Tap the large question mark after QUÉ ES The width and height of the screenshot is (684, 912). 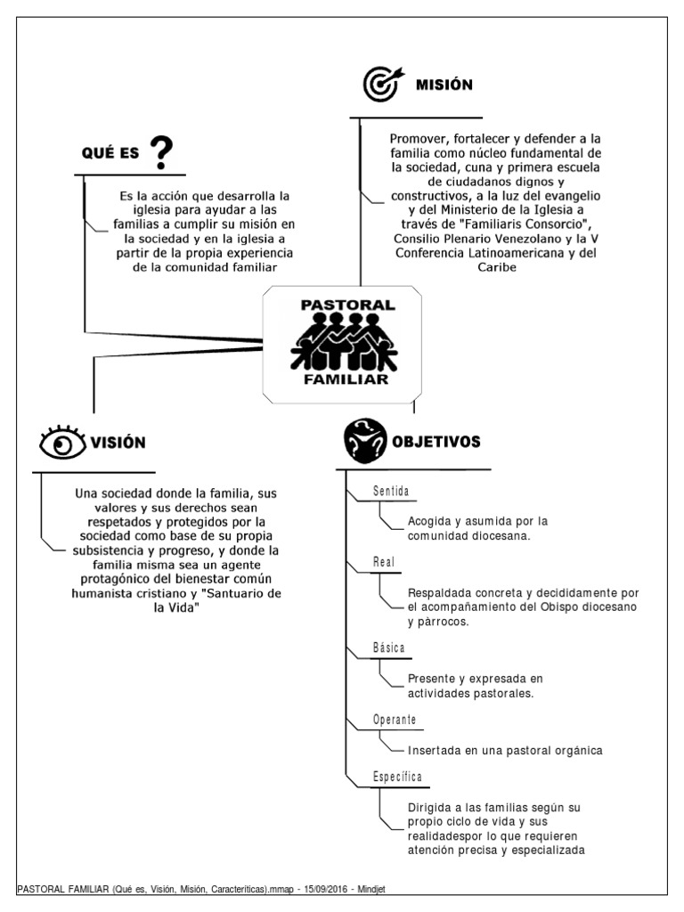(x=161, y=152)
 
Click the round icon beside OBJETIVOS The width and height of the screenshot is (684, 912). (x=366, y=441)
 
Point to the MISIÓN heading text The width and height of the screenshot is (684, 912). (x=444, y=85)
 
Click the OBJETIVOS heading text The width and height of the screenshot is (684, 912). (x=437, y=442)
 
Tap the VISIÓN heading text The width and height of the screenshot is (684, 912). (x=116, y=443)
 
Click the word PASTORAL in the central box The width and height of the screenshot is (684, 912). (x=347, y=305)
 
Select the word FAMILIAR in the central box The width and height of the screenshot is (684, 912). (x=346, y=379)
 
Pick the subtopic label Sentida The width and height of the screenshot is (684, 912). (x=391, y=492)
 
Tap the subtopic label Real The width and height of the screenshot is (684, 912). (x=384, y=562)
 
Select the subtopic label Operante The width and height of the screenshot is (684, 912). (x=395, y=719)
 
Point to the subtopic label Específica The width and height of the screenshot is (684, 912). (x=397, y=778)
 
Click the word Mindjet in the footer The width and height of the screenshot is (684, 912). (x=390, y=889)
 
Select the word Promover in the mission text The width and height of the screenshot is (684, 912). (x=419, y=140)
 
